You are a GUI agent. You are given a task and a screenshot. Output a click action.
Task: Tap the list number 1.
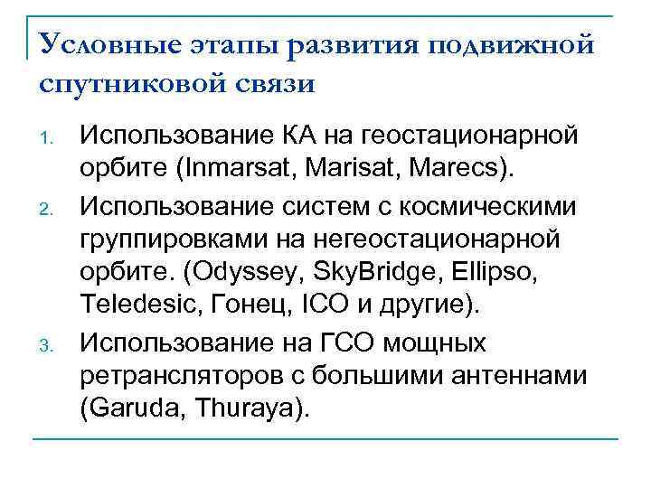[x=52, y=141]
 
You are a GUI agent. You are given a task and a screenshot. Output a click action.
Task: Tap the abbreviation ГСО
[x=348, y=344]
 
